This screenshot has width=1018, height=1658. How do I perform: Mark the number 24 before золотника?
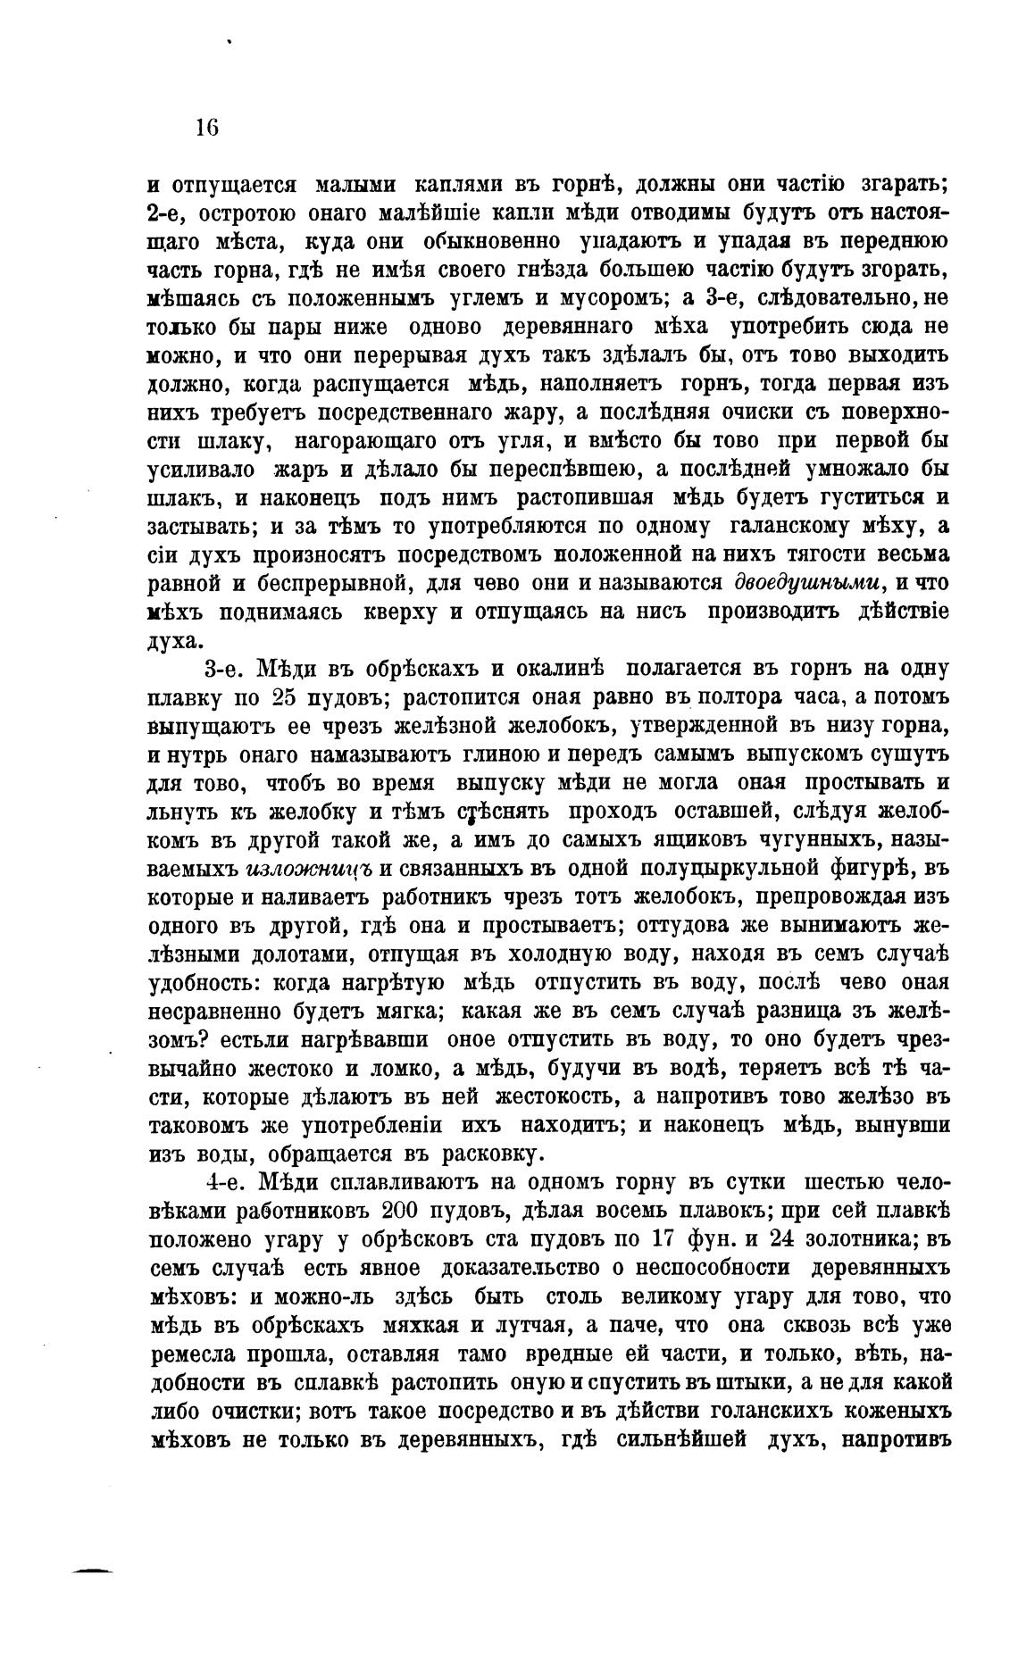[x=761, y=1239]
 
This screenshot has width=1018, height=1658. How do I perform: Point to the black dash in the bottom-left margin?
[x=93, y=1570]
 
